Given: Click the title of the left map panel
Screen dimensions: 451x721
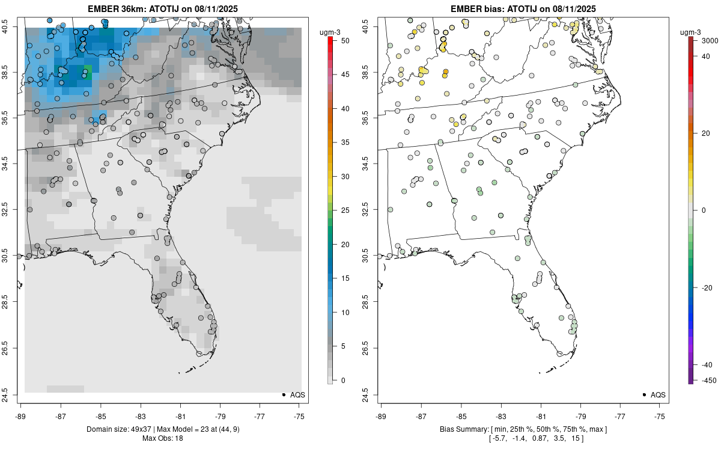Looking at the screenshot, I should coord(162,8).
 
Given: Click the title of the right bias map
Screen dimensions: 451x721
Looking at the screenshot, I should coord(523,8).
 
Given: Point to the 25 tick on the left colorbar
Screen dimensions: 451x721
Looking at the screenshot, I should coord(341,210).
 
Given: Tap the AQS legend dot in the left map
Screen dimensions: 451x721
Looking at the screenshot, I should coord(284,394).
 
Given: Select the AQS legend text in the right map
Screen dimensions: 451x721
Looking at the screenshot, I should coord(658,394).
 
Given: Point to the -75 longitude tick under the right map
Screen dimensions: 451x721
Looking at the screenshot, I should coord(660,416).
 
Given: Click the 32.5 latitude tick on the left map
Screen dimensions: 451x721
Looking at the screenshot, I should coord(13,209).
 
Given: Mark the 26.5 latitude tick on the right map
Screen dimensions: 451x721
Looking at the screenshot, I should coord(373,348).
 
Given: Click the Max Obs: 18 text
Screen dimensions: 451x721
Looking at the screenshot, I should coord(162,438).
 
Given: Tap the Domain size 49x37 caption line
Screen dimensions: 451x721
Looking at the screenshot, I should coord(162,429).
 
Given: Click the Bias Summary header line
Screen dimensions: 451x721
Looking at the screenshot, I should coord(523,429).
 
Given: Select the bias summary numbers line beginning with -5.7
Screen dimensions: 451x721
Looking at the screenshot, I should coord(523,438).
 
